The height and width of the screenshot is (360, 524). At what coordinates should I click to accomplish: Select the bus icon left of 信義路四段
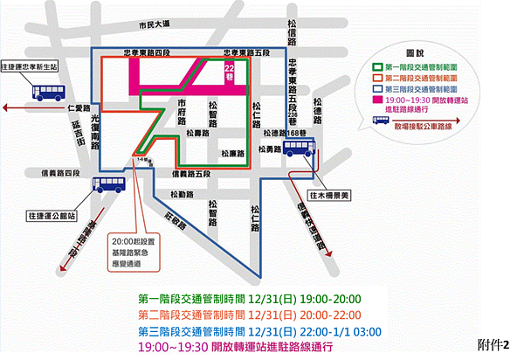(111, 184)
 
